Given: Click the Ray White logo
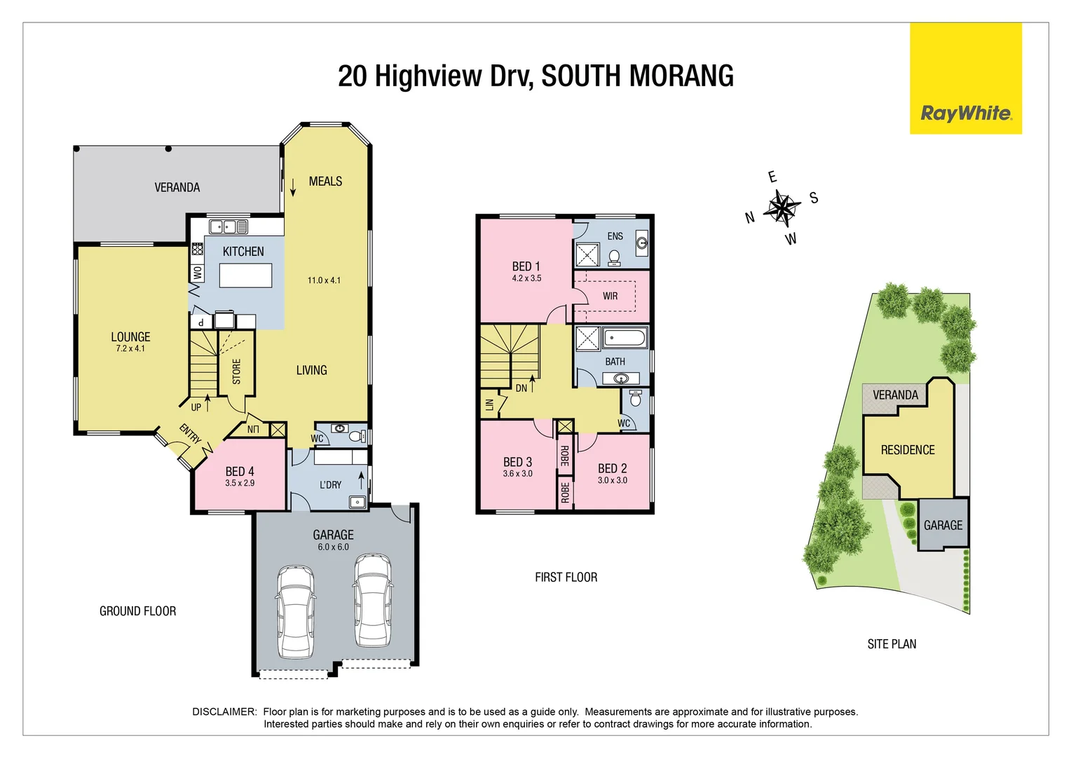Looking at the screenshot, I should click(965, 114).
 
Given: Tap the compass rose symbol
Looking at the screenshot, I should click(782, 207).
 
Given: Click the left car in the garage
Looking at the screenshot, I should click(295, 611).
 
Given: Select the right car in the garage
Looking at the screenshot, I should click(373, 600).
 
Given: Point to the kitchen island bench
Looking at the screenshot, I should click(245, 275).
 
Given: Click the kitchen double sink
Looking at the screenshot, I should click(228, 226).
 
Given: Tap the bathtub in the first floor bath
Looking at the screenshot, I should click(625, 339).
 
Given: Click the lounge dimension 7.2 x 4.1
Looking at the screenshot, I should click(130, 348).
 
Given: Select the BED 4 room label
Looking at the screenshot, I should click(240, 472).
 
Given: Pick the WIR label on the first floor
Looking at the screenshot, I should click(610, 296).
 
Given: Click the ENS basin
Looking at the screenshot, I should click(641, 243).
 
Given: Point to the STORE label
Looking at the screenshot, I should click(236, 371).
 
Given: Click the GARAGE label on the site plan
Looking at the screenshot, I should click(943, 525).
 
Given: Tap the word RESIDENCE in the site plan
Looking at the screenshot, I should click(908, 450).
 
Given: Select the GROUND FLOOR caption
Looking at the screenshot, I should click(137, 611).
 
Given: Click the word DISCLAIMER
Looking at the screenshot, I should click(224, 711).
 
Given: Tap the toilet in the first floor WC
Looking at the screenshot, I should click(636, 399).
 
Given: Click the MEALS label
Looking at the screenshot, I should click(325, 182).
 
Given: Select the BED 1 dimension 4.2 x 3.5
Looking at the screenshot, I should click(526, 278).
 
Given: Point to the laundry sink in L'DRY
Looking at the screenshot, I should click(357, 501).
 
